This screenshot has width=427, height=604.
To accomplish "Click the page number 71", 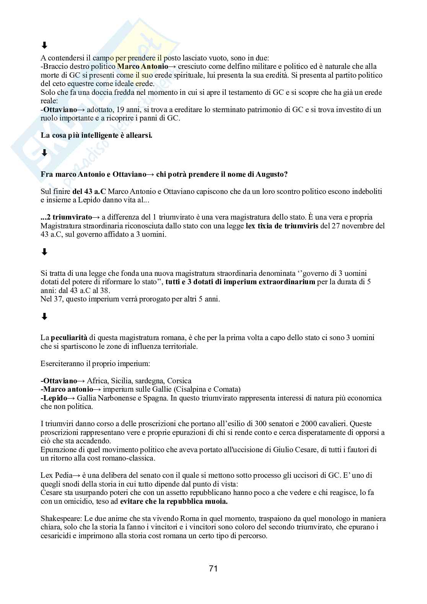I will (213, 568).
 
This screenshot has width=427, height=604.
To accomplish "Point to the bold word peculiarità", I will (69, 338).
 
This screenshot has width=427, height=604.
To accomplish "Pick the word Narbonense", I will (118, 398).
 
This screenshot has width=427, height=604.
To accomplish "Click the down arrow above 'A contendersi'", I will (44, 46).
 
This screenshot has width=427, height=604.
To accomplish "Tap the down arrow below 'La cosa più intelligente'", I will (44, 153).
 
